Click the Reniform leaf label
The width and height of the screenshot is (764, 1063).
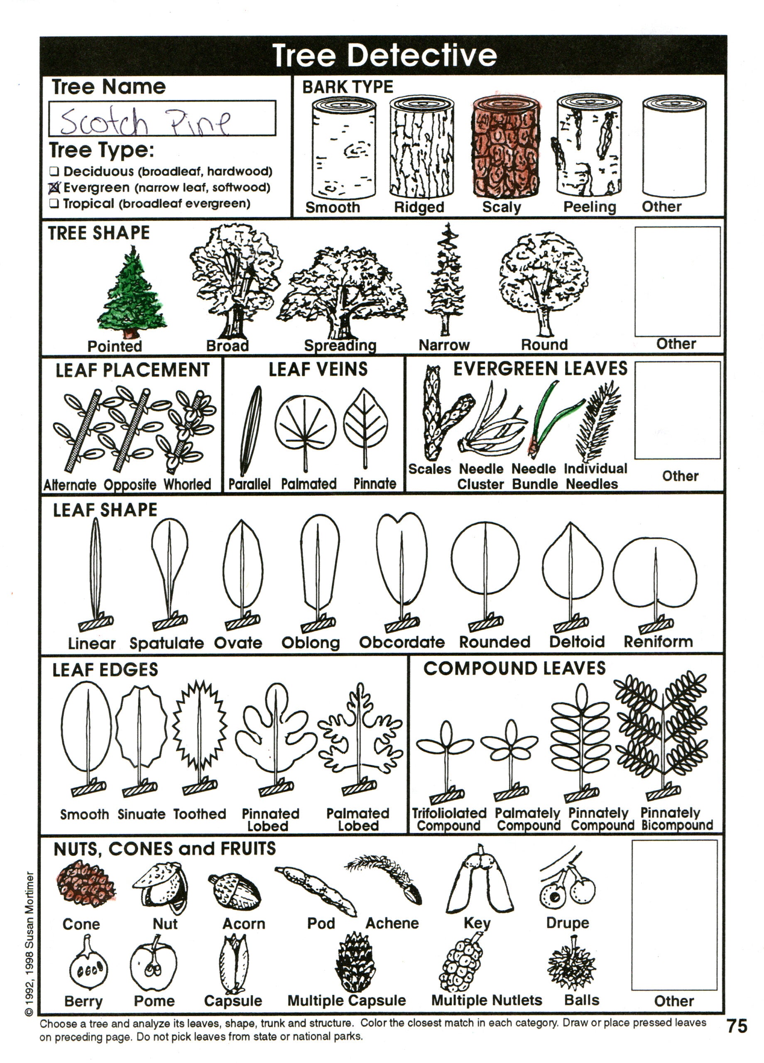658,642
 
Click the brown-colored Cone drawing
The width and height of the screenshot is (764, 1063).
85,884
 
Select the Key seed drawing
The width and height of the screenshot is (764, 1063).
480,881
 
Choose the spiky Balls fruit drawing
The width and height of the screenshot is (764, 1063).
572,965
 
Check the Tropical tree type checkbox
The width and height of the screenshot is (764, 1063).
54,204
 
